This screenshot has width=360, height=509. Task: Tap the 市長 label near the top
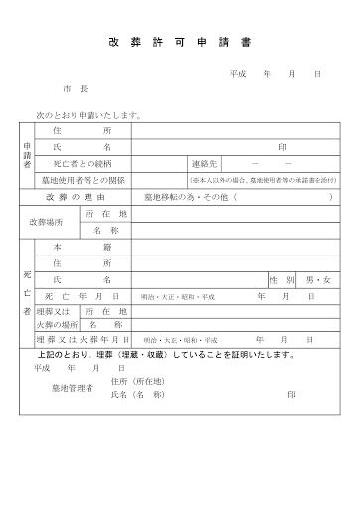click(77, 89)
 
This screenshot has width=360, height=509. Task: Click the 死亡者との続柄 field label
click(83, 164)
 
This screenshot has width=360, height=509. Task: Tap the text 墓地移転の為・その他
click(177, 198)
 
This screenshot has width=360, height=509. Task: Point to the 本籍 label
click(83, 246)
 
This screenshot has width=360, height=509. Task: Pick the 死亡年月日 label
click(83, 298)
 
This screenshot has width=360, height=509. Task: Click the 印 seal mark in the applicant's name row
click(282, 146)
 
